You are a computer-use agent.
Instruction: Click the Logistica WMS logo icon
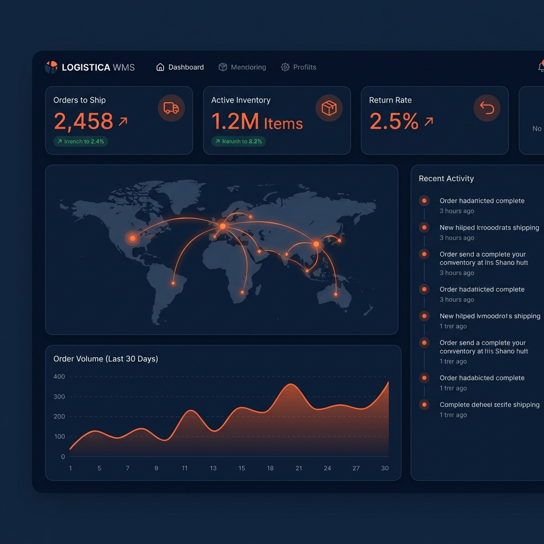coord(51,67)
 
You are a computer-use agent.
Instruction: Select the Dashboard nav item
coord(180,67)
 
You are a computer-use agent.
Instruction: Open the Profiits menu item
coord(299,67)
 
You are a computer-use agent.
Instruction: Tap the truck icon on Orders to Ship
coord(171,108)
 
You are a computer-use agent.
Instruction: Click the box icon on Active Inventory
coord(329,108)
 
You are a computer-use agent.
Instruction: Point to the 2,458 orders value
coord(83,122)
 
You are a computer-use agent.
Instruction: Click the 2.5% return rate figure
coord(394,122)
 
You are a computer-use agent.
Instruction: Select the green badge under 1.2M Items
coord(239,141)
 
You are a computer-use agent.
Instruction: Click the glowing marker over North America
coord(132,238)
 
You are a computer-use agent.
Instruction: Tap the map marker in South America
coord(173,283)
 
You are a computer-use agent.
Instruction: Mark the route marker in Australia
coord(336,294)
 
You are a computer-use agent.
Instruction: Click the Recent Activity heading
coord(446,179)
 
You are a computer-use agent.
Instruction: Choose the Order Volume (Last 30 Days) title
coord(106,359)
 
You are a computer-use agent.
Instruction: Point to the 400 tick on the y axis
coord(59,377)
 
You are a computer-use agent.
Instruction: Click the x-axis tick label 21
coord(299,468)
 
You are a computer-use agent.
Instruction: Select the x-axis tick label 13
coord(213,468)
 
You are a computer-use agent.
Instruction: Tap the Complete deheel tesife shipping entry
coord(489,405)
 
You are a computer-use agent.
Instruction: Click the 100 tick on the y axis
coord(59,437)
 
